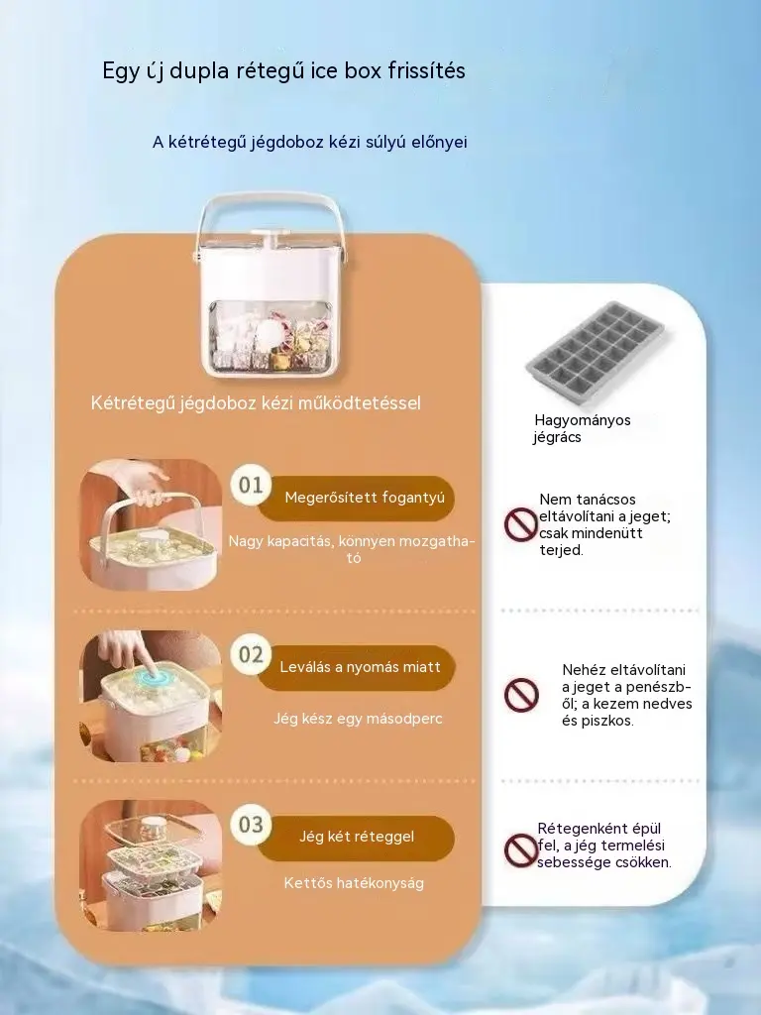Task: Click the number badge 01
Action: pos(251,485)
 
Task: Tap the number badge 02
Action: pos(251,654)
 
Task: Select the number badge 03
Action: pos(251,824)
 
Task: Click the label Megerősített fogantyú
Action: pos(365,498)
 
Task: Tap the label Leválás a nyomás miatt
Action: pos(360,667)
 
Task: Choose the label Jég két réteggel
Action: pos(357,837)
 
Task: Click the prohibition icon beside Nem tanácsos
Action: pos(521,524)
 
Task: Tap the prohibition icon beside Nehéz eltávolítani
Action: pos(521,695)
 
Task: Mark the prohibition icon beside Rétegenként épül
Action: pos(521,849)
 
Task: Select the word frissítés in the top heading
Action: pos(427,70)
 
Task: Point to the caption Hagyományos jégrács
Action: pos(582,428)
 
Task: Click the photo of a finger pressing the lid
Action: pos(151,696)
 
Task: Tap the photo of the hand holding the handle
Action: pos(151,525)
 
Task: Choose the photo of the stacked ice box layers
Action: pos(151,866)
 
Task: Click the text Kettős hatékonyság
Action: pos(354,883)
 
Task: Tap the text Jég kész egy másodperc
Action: pos(358,719)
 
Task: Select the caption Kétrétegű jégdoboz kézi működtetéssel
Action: pos(256,403)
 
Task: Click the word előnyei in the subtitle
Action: pos(439,143)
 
